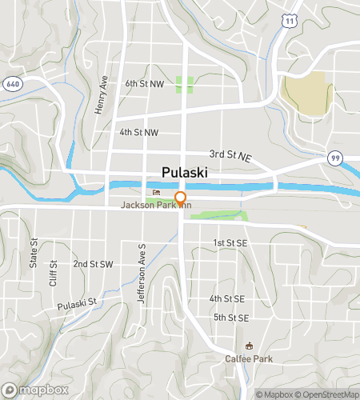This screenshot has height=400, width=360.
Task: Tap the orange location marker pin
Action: point(181,198)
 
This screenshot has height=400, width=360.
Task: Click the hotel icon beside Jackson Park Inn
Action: point(155,193)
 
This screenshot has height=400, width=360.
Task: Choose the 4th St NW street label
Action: point(138,132)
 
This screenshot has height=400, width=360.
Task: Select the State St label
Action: point(34,252)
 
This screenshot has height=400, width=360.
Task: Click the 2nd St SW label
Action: point(93,263)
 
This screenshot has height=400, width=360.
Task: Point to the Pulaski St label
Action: point(77,304)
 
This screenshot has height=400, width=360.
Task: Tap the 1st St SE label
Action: point(230,242)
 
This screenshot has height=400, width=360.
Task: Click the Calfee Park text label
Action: point(248,358)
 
